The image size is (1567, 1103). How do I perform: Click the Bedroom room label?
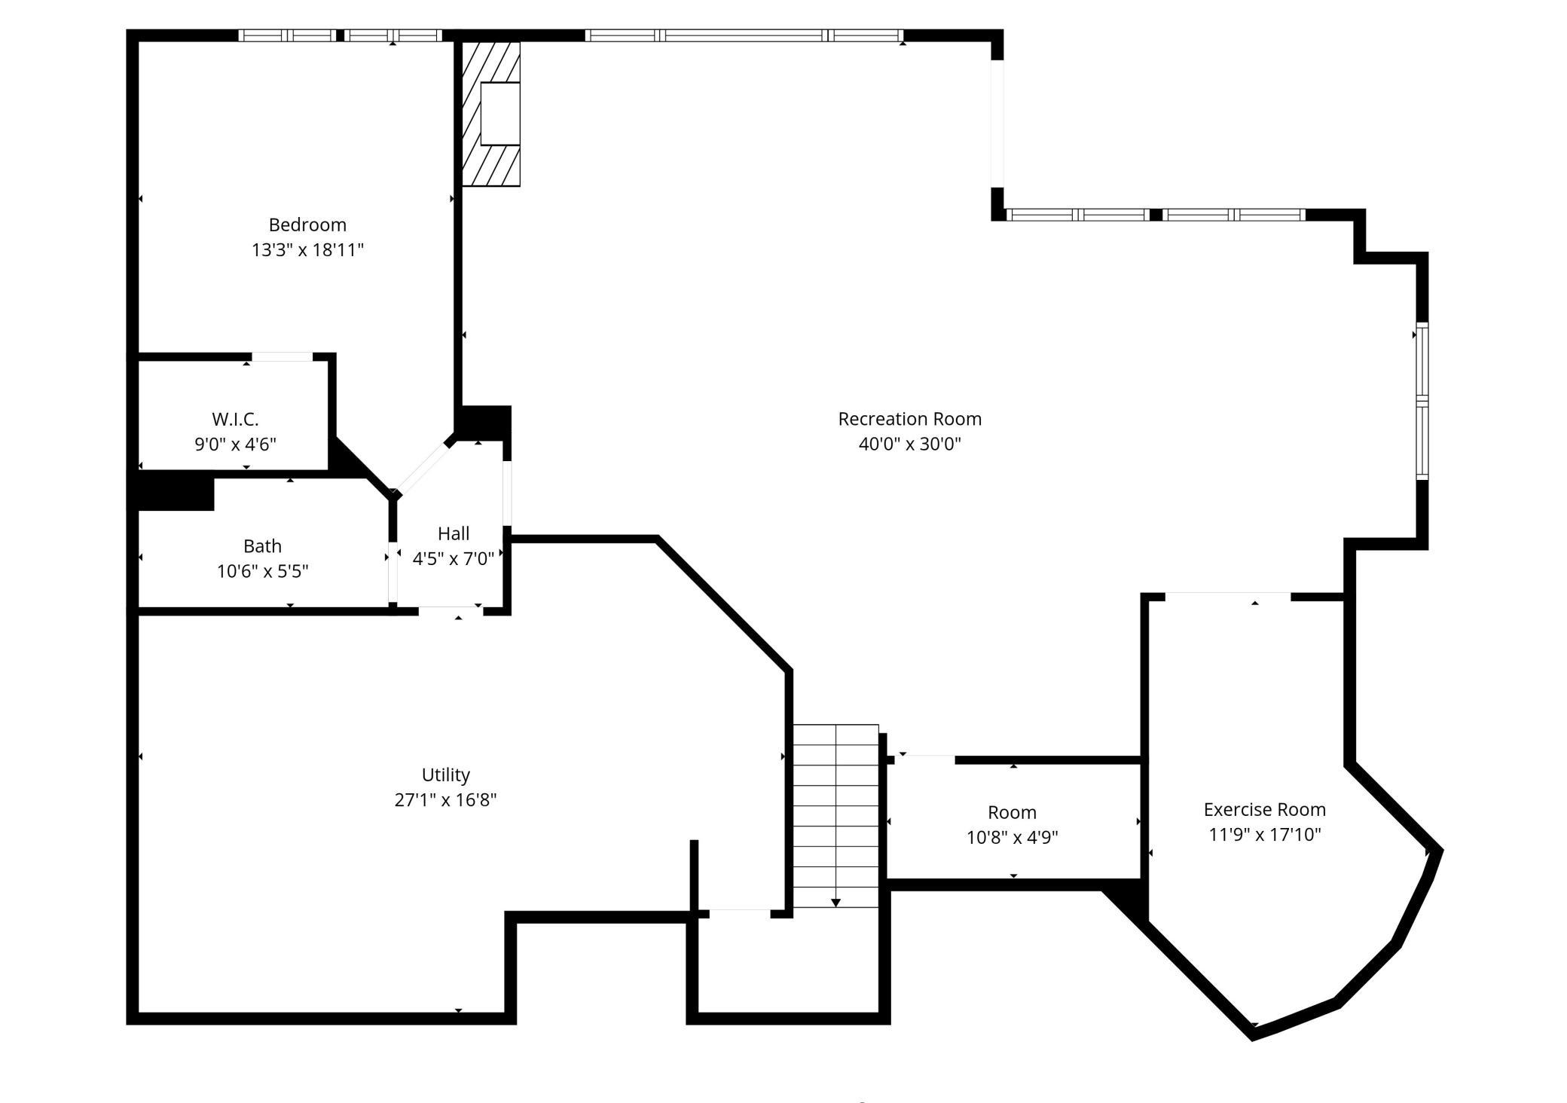307,225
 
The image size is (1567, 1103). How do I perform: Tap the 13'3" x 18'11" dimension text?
307,249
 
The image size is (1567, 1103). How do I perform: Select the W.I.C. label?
235,419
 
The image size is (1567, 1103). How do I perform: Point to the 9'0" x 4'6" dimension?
235,444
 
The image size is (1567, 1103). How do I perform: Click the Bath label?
262,545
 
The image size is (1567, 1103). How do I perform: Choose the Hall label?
454,533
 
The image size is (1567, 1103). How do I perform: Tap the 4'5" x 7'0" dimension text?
454,558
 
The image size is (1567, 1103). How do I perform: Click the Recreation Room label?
910,419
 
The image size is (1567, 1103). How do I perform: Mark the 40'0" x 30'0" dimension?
910,444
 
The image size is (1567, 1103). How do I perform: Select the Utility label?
446,775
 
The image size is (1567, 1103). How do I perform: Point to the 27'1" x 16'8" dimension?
446,799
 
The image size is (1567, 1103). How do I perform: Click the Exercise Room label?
1265,809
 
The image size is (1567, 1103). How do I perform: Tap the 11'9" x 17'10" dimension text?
1265,834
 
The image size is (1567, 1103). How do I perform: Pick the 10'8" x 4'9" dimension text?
1013,837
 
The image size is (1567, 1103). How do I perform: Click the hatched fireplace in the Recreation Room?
490,114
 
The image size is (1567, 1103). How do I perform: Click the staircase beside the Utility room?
835,816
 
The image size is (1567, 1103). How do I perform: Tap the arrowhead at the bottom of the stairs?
835,903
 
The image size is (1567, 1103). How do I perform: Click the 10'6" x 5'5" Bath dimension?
262,571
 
